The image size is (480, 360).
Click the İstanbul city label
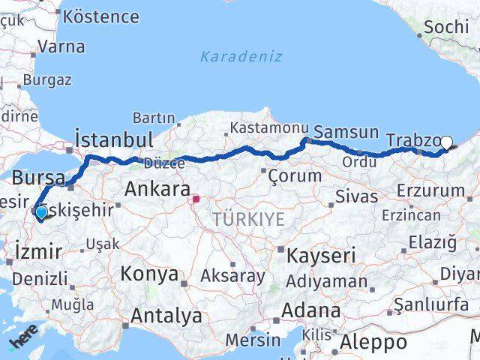point(114,139)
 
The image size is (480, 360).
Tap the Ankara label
point(157,189)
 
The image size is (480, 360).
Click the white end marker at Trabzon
point(447,142)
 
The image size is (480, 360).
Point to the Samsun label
point(346,132)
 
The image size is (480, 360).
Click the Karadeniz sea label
point(241,56)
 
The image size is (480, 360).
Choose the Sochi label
point(446,28)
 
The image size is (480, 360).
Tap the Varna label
point(61,46)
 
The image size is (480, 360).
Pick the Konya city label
point(149,273)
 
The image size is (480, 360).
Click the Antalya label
point(166,316)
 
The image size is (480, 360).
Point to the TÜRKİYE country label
point(248,219)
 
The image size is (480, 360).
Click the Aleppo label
point(373,343)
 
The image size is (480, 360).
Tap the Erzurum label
point(426,190)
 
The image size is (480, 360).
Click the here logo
point(22,342)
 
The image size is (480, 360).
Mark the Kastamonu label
point(259,128)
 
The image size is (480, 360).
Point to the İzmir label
point(37,252)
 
